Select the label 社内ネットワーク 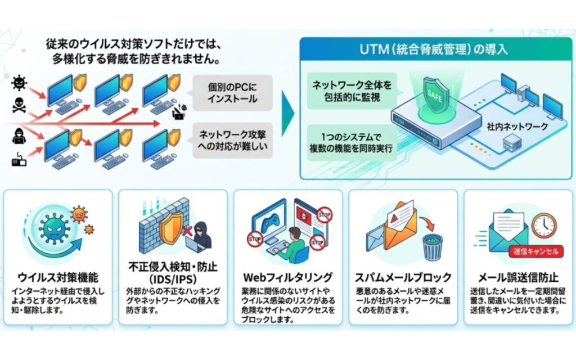[x=517, y=127]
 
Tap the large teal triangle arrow [x=287, y=112]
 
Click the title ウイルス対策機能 [x=58, y=277]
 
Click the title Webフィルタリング [x=287, y=277]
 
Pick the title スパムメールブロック [x=403, y=277]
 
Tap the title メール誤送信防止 [x=517, y=277]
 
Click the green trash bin [x=432, y=246]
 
